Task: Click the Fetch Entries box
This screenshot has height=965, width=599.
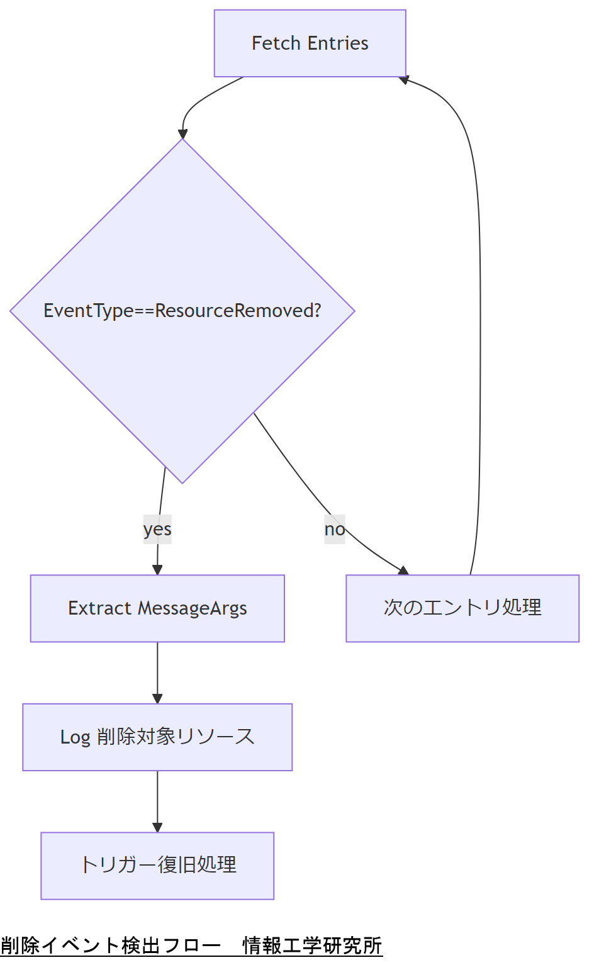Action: point(310,43)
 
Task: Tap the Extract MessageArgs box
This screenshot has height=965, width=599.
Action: point(157,608)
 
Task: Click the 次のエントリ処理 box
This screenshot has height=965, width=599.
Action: point(462,608)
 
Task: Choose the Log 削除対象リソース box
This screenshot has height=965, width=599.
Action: point(157,737)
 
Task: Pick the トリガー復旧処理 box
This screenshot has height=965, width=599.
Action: point(157,866)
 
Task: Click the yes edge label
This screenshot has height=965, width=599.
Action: point(157,529)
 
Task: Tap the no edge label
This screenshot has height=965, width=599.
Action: point(335,529)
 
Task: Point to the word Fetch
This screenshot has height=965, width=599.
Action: point(276,43)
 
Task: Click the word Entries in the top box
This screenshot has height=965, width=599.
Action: point(339,43)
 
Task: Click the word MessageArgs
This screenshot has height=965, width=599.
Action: point(193,609)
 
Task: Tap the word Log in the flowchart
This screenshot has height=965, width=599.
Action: point(75,737)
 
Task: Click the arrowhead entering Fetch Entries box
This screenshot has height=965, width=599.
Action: point(404,79)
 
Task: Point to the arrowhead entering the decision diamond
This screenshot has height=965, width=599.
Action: point(182,134)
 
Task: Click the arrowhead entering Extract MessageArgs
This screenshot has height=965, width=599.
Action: point(157,570)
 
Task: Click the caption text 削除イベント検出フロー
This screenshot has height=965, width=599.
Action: point(111,945)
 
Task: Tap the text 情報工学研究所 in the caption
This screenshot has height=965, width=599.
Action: point(312,945)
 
